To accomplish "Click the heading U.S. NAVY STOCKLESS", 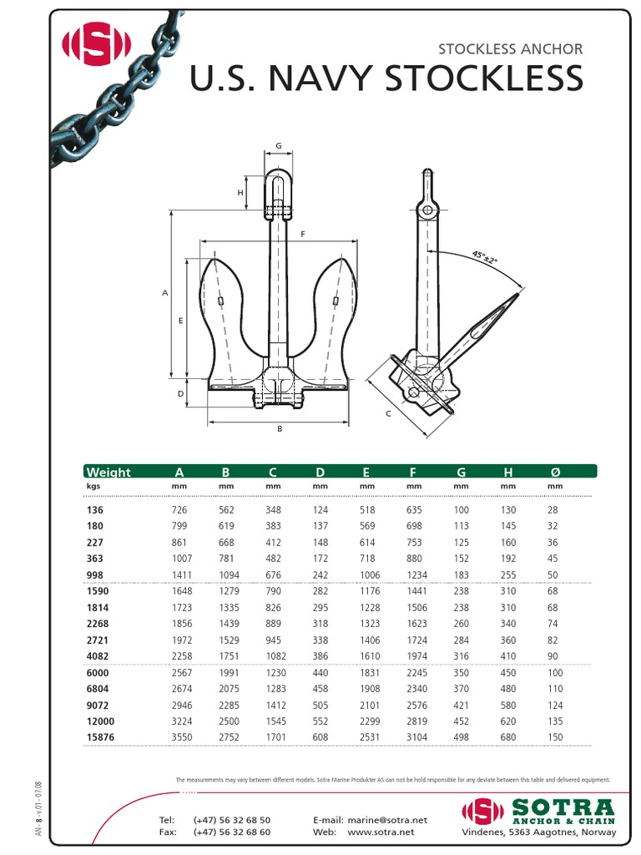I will (386, 78).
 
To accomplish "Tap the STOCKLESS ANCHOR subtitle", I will (510, 48).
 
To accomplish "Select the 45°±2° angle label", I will (483, 256).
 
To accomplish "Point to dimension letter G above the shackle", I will (279, 147).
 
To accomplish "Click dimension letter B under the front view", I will (280, 429).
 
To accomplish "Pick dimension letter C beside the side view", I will (388, 413).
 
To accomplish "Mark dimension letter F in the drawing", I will (302, 234).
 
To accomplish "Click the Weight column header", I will (109, 473).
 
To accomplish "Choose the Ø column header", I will (555, 473).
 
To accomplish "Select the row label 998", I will (95, 574).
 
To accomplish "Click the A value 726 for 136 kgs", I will (179, 509).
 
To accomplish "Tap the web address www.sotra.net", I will (381, 832).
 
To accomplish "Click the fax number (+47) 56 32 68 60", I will (231, 832).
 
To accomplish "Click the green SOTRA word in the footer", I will (564, 807).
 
